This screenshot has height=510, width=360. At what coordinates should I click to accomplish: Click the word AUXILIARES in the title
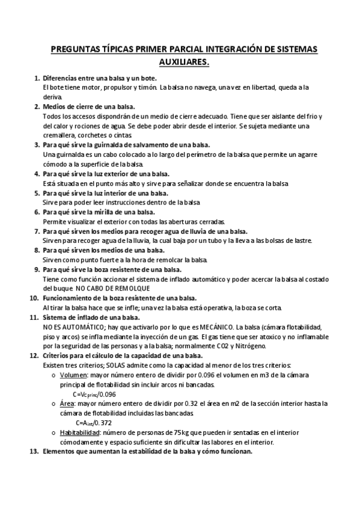[x=180, y=61]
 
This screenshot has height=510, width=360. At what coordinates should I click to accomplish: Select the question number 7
[x=36, y=231]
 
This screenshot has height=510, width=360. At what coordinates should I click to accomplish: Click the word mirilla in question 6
[x=115, y=212]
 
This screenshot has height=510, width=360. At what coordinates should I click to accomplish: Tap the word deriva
[x=53, y=96]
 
